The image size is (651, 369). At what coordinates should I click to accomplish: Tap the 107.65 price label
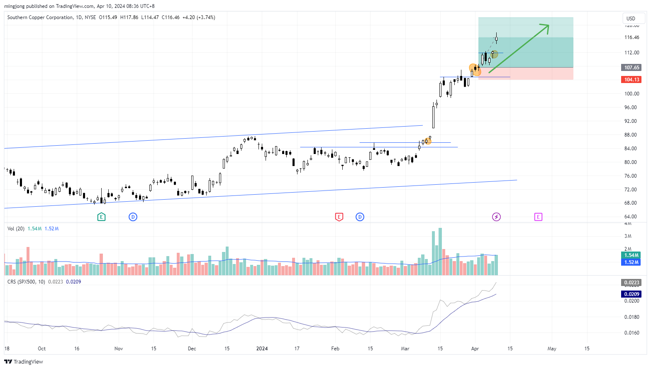coord(631,67)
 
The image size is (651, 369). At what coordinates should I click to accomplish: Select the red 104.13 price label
coord(631,80)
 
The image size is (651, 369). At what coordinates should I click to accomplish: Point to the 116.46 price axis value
coord(631,37)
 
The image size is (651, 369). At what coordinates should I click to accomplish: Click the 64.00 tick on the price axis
coord(631,217)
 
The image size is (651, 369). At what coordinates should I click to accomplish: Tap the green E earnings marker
coord(101,217)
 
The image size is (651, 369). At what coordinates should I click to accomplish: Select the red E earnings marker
coord(339,217)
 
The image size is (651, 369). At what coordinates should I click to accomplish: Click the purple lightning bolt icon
coord(496,217)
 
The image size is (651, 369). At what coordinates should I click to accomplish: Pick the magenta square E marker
coord(538,217)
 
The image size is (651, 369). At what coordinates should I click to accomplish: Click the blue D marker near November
coord(133,217)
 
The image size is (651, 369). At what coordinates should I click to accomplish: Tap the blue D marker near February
coord(360,217)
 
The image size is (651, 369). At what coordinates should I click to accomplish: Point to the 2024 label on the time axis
coord(262,349)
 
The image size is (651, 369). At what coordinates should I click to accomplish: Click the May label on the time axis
coord(552,349)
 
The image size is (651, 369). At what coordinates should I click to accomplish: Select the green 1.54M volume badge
coord(631,255)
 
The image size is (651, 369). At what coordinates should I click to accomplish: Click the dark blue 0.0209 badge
coord(631,294)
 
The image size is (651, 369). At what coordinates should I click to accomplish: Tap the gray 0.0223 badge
coord(631,283)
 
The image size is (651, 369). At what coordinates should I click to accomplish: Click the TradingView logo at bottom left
coord(24,362)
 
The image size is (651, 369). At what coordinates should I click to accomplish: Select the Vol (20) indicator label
coord(16,229)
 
